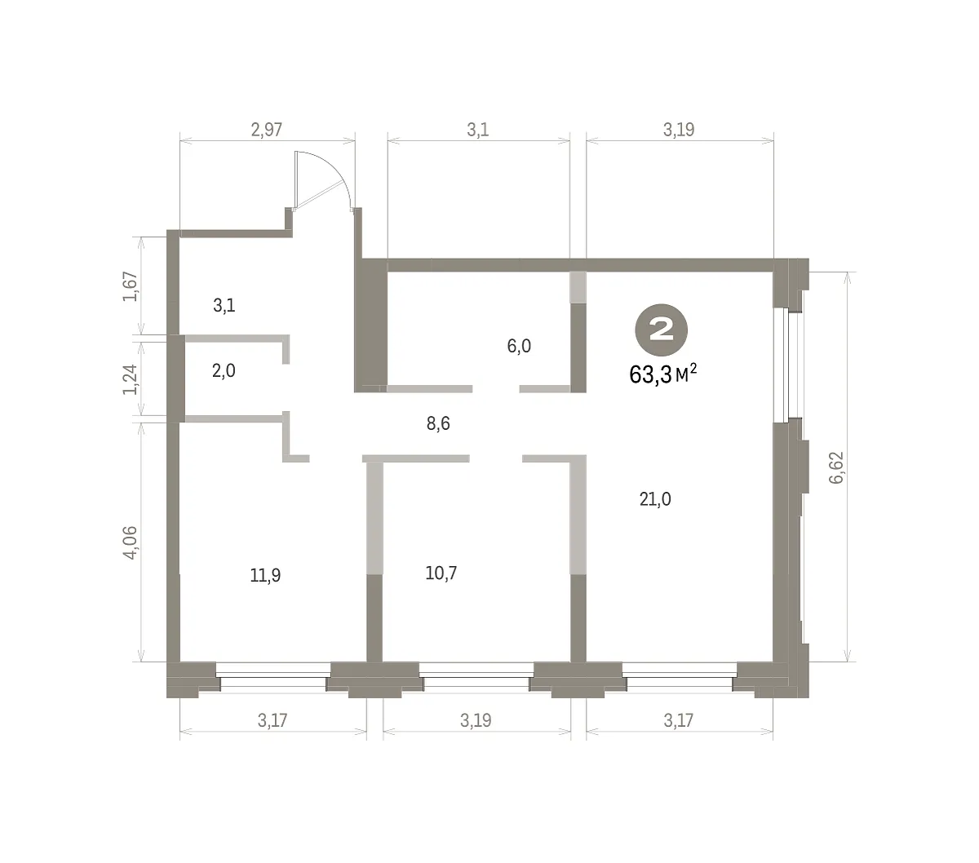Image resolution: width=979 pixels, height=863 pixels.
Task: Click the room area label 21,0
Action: point(655,499)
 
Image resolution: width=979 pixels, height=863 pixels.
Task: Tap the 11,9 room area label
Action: point(265,575)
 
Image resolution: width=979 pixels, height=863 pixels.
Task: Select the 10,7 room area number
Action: point(441,573)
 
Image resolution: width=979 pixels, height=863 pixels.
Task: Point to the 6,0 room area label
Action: point(519,346)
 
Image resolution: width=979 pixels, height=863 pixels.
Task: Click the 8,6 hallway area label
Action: point(438,424)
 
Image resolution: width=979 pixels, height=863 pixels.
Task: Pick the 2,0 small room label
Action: point(224,370)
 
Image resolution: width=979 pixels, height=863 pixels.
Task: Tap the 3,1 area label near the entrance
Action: point(224,305)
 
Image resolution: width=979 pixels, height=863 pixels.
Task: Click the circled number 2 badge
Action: point(661,330)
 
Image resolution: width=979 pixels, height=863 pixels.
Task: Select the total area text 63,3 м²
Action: point(663,374)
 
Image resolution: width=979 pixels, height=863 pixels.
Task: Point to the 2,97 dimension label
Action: point(267,130)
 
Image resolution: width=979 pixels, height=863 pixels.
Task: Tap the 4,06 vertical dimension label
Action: point(131,542)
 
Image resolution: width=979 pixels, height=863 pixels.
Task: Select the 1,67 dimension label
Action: point(131,286)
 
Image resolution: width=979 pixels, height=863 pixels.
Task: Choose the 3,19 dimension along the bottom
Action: point(476,720)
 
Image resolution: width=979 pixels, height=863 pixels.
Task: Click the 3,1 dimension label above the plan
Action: point(477,130)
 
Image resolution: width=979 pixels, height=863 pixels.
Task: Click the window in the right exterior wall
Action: point(782,365)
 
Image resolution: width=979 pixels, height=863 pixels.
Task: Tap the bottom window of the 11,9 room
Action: point(273,676)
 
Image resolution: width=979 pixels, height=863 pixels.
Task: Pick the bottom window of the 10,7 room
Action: point(476,676)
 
